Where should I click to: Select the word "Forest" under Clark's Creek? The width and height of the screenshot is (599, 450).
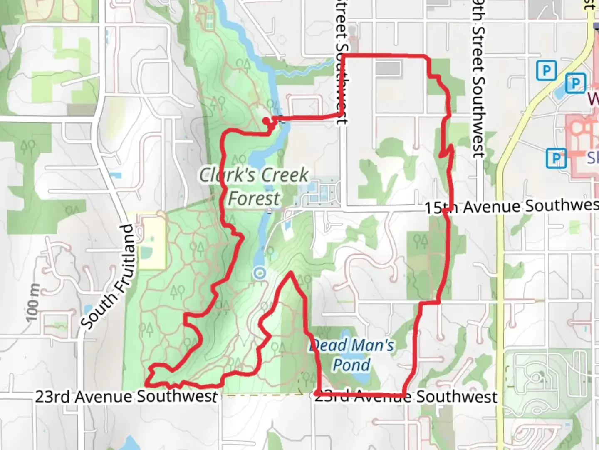click(x=254, y=198)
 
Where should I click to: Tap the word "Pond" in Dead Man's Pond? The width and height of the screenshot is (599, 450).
click(x=351, y=365)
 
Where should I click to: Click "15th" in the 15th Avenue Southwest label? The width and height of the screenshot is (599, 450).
click(x=442, y=207)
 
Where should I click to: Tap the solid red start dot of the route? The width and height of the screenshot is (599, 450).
click(x=266, y=121)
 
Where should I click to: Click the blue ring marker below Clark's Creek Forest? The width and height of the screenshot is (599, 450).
click(x=260, y=273)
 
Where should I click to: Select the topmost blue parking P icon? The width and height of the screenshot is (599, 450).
click(x=546, y=70)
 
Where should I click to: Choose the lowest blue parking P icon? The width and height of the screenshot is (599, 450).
click(x=556, y=158)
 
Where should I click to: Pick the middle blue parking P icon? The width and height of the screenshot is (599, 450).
click(x=576, y=84)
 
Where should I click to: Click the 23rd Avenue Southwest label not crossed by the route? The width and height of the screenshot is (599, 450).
click(x=126, y=396)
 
